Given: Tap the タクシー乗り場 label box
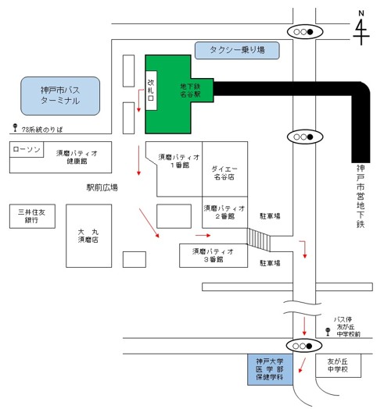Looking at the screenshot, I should [x=239, y=50].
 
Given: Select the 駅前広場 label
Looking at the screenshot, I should [x=102, y=188].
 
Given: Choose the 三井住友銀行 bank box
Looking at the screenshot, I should [x=33, y=215].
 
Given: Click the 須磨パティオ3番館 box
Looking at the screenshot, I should [x=213, y=254].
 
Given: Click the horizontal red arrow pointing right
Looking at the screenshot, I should [x=203, y=233].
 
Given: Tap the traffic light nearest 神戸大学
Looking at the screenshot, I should [x=303, y=345].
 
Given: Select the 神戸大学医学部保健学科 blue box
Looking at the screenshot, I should [x=270, y=372].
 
